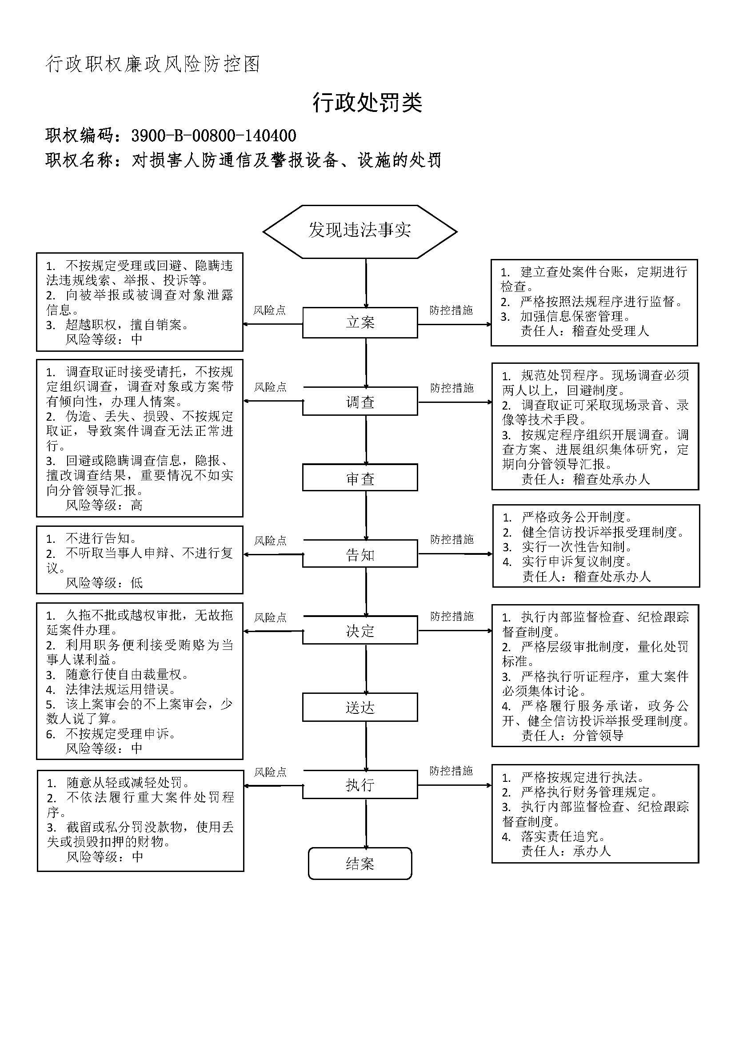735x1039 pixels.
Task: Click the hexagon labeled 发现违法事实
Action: [360, 231]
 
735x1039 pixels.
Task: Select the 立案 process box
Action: [360, 322]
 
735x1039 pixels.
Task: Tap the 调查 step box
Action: [360, 401]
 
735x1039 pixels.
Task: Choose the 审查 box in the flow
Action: [360, 478]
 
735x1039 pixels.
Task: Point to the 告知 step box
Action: [360, 553]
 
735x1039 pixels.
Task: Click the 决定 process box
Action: [360, 630]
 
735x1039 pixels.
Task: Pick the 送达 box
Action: [360, 707]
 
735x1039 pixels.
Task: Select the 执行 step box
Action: [360, 784]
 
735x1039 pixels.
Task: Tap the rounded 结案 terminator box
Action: [360, 864]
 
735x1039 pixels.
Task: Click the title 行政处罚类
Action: [367, 103]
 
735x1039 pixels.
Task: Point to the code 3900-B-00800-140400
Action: [214, 135]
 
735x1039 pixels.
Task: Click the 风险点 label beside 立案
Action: [269, 310]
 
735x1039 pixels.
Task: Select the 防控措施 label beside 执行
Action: [451, 771]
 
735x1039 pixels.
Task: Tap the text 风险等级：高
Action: [104, 505]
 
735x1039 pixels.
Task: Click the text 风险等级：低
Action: [104, 582]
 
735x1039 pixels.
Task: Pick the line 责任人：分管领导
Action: [572, 735]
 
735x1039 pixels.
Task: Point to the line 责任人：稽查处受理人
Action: [585, 331]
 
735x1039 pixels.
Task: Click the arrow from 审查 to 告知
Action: [366, 515]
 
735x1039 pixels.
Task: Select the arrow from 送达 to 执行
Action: [366, 746]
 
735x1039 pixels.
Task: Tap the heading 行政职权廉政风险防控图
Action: [153, 64]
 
